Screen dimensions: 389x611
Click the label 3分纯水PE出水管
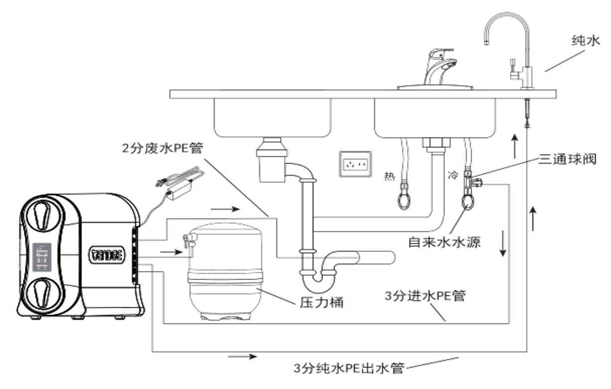[x=348, y=369]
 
